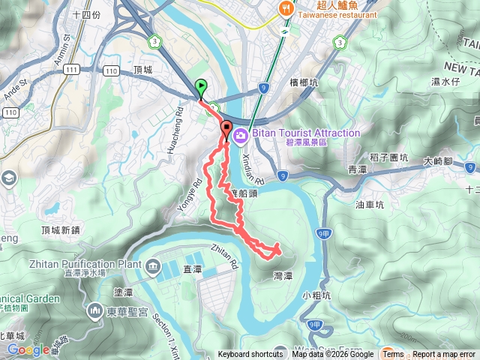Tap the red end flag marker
pyautogui.click(x=226, y=127)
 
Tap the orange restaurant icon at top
pyautogui.click(x=286, y=9)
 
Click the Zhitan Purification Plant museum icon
pyautogui.click(x=153, y=265)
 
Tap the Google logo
pyautogui.click(x=28, y=349)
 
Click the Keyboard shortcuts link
pyautogui.click(x=250, y=355)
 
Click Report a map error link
pyautogui.click(x=444, y=355)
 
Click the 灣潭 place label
pyautogui.click(x=284, y=275)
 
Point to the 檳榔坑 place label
pyautogui.click(x=304, y=83)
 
